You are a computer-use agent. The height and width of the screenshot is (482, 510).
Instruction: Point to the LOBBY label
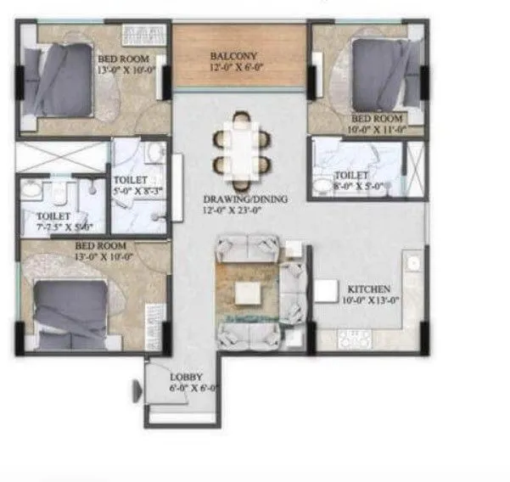coord(183,375)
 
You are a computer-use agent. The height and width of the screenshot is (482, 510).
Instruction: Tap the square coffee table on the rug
coord(249,292)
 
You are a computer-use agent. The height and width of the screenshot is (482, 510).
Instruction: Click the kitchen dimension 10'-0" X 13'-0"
coord(370,300)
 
